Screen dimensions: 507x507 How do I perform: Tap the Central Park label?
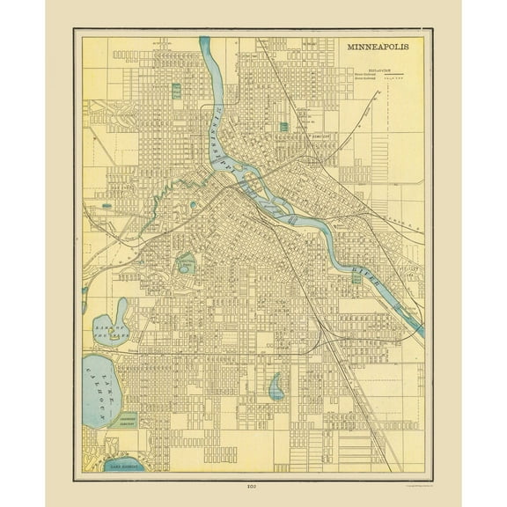tap(186, 262)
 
